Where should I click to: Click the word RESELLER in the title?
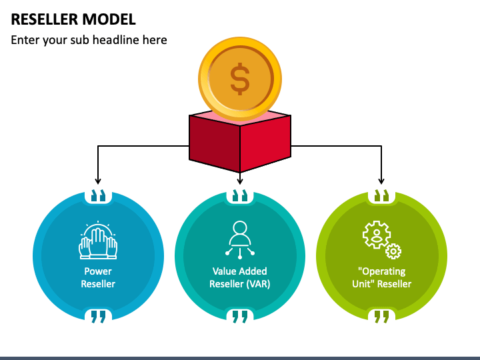[x=45, y=19]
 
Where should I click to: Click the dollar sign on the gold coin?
[x=240, y=79]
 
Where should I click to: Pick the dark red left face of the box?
[x=215, y=143]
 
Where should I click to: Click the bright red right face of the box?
[x=265, y=143]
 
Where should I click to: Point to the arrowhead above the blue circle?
[x=98, y=181]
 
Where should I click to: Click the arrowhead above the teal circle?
[x=240, y=181]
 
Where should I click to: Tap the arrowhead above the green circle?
[x=381, y=181]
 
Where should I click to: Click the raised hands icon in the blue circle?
[x=98, y=240]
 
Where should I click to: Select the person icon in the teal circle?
[x=240, y=238]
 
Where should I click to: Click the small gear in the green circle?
[x=393, y=251]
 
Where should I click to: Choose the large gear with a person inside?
[x=377, y=235]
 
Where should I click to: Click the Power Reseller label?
[x=98, y=277]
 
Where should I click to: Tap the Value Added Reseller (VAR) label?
[x=240, y=277]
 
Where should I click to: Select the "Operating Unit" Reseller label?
[x=382, y=277]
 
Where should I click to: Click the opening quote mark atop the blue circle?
[x=98, y=195]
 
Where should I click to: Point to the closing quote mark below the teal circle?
[x=240, y=317]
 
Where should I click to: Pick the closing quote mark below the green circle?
[x=382, y=317]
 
